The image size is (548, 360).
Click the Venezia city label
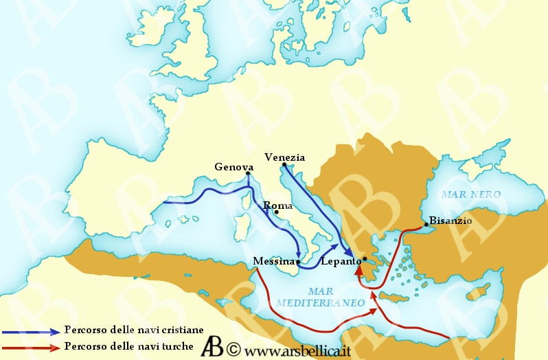284,157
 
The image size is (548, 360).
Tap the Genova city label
234,167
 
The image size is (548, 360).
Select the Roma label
278,205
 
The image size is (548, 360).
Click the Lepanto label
341,261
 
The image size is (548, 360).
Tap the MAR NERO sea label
471,194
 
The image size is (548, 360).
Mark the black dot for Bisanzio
426,225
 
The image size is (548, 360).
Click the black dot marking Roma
276,212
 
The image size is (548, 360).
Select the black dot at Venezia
284,165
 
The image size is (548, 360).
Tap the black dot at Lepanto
365,258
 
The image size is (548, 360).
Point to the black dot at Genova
249,174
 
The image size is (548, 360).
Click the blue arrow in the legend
30,331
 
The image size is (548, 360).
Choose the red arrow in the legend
30,346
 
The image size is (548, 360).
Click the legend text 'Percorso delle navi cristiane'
134,330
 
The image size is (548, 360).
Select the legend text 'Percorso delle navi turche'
128,346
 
